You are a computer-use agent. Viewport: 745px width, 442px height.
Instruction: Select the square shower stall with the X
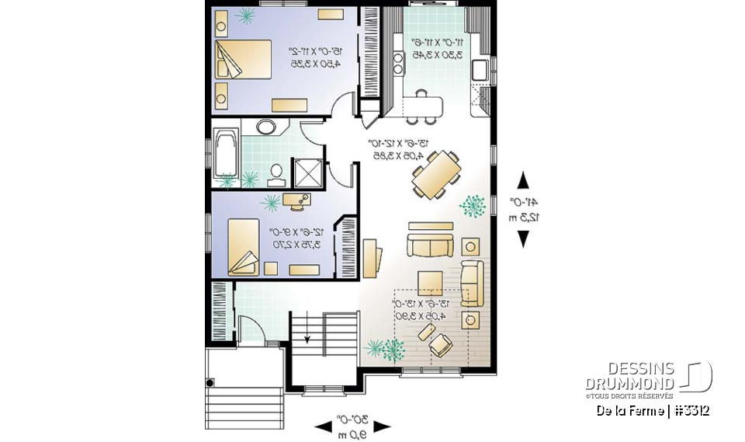[x=304, y=173]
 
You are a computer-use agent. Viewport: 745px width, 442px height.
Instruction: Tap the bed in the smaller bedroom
[x=244, y=246]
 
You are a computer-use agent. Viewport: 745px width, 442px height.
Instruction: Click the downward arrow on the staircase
[x=308, y=336]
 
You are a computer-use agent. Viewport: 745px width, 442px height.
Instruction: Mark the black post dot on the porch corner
[x=210, y=383]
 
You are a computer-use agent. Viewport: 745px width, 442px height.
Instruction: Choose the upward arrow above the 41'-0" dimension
[x=523, y=180]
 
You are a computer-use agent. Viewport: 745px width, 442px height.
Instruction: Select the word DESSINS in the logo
[x=629, y=369]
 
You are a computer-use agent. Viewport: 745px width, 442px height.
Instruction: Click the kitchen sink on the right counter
[x=480, y=69]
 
